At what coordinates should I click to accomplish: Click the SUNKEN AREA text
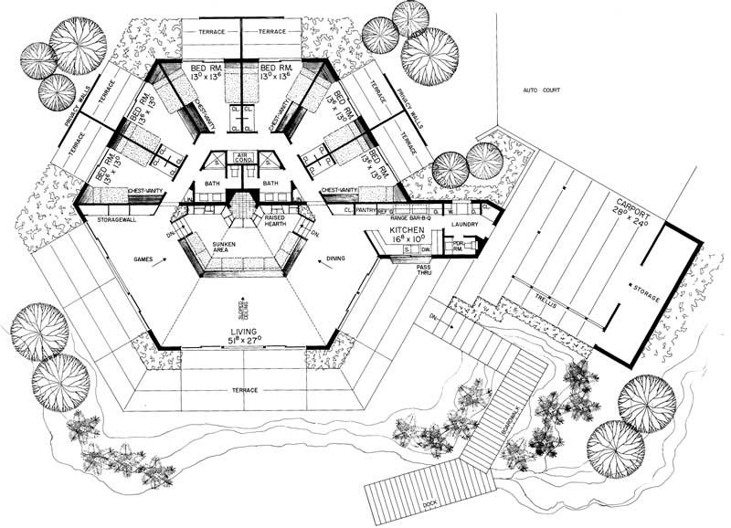click(224, 249)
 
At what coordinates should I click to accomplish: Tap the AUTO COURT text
click(542, 90)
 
